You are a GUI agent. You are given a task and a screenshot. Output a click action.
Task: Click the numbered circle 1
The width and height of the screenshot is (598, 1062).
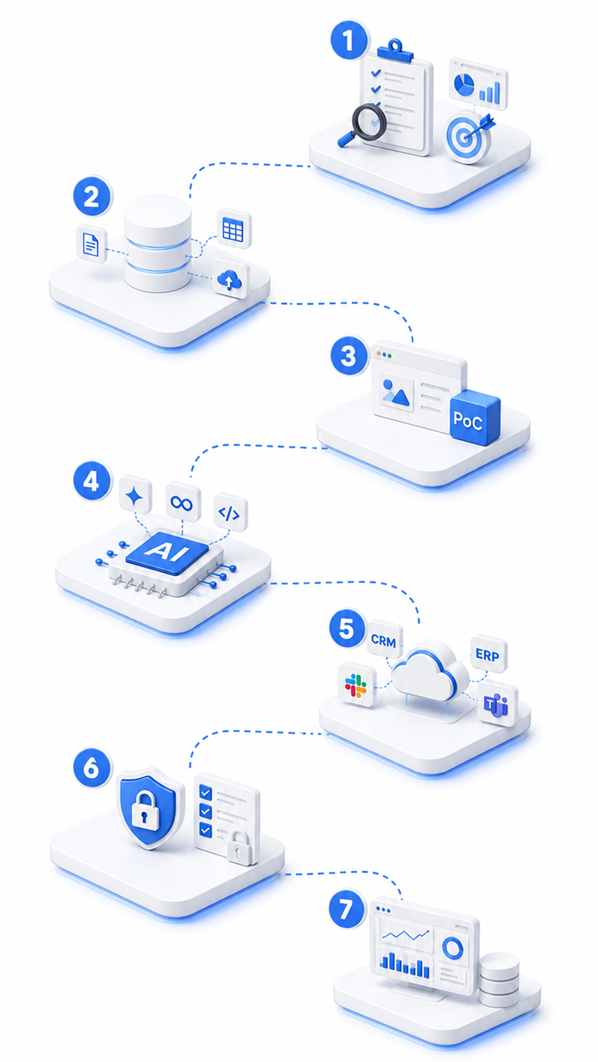[x=349, y=40]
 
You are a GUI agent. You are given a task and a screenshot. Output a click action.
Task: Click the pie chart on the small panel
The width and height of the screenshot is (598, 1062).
[x=463, y=83]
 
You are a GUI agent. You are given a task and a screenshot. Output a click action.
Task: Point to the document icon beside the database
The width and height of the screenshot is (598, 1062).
[x=92, y=244]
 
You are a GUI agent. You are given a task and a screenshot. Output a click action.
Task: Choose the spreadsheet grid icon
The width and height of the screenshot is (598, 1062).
[x=234, y=229]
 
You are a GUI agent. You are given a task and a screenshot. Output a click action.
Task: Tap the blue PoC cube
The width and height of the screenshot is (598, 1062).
[x=474, y=418]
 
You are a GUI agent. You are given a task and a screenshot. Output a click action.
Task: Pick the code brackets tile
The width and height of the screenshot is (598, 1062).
[x=230, y=513]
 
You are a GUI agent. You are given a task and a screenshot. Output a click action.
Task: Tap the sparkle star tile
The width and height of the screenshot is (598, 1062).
[x=135, y=496]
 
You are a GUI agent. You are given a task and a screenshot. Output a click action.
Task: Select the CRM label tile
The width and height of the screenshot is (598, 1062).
[x=384, y=640]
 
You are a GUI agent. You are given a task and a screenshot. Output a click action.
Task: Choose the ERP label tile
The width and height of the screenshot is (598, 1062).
[x=488, y=655]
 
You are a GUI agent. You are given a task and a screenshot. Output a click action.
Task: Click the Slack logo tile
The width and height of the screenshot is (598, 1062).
[x=357, y=686]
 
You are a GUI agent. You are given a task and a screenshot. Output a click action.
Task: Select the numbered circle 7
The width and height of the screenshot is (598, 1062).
[x=348, y=909]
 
